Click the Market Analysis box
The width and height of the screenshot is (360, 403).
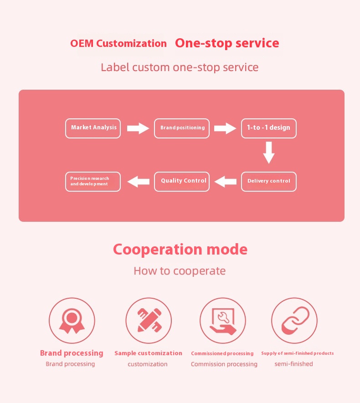point(93,128)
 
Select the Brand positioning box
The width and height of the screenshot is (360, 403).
point(182,128)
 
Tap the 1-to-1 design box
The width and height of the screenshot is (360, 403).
point(268,128)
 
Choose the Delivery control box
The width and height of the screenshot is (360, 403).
point(268,181)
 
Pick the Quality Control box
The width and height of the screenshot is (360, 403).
point(182,181)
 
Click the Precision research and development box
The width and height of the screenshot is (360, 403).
point(93,181)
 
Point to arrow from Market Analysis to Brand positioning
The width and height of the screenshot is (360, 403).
point(138,128)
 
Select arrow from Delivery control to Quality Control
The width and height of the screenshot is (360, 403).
point(225,182)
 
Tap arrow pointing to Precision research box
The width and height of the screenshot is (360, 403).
point(138,182)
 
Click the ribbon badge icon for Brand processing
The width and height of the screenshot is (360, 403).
point(72,321)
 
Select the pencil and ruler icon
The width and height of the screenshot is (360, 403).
point(149,321)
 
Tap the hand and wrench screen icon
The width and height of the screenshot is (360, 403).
point(223,321)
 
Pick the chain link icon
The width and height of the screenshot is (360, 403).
point(294,321)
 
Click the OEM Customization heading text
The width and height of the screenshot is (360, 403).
point(118,44)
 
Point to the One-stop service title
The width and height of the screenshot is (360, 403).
point(227,43)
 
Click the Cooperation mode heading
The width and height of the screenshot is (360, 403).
point(180,250)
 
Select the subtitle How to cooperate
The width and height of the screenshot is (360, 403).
point(180,271)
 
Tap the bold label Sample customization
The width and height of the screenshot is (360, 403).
point(148,353)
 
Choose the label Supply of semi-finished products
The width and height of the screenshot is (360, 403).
point(297,353)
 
